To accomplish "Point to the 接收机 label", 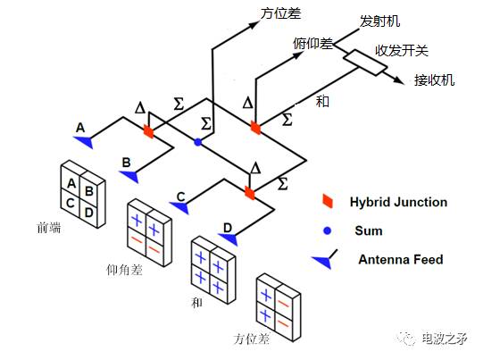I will coord(434,80).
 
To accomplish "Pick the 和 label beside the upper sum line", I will coord(322,101).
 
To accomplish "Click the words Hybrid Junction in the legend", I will coord(398,202).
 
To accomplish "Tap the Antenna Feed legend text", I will coord(400,260).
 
